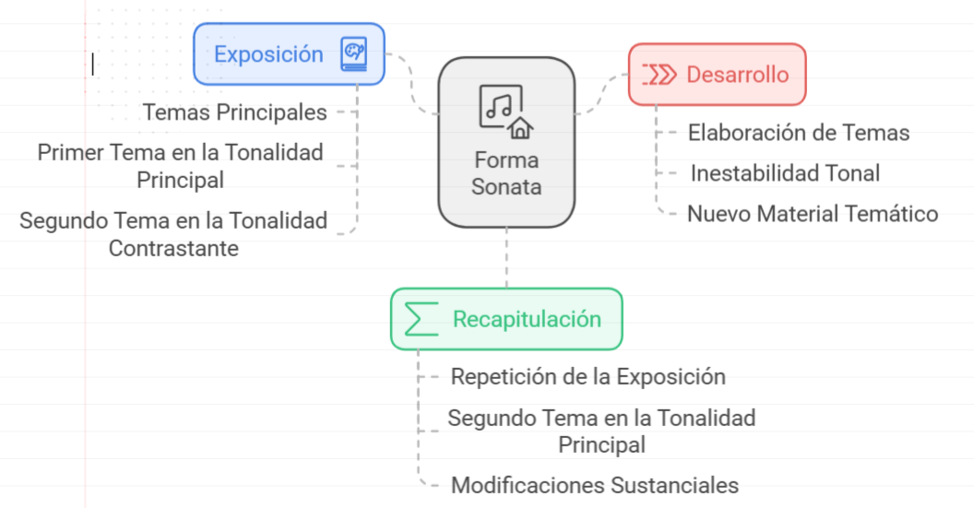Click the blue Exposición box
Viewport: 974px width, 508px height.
pyautogui.click(x=288, y=53)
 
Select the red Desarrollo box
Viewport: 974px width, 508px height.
pyautogui.click(x=718, y=74)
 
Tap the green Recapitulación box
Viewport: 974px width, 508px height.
pyautogui.click(x=506, y=319)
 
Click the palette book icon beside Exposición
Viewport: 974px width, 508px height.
pyautogui.click(x=353, y=53)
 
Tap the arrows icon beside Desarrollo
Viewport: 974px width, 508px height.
pyautogui.click(x=659, y=74)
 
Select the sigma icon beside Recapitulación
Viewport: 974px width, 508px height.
pyautogui.click(x=422, y=319)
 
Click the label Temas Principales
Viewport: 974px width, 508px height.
pyautogui.click(x=234, y=112)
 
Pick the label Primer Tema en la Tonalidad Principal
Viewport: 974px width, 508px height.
pyautogui.click(x=181, y=166)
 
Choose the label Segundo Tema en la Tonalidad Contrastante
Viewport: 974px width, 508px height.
pyautogui.click(x=173, y=234)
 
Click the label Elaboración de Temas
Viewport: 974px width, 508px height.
pyautogui.click(x=799, y=133)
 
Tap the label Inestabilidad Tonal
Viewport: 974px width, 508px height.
pyautogui.click(x=785, y=173)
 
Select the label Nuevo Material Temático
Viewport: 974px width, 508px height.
pyautogui.click(x=813, y=214)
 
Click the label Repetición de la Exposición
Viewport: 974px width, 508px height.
pyautogui.click(x=588, y=376)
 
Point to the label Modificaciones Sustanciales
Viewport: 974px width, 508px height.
pyautogui.click(x=594, y=485)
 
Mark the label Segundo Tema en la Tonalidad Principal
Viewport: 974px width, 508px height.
pyautogui.click(x=601, y=431)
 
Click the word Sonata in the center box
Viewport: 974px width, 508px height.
pyautogui.click(x=506, y=186)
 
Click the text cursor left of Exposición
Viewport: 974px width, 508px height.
pyautogui.click(x=92, y=63)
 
